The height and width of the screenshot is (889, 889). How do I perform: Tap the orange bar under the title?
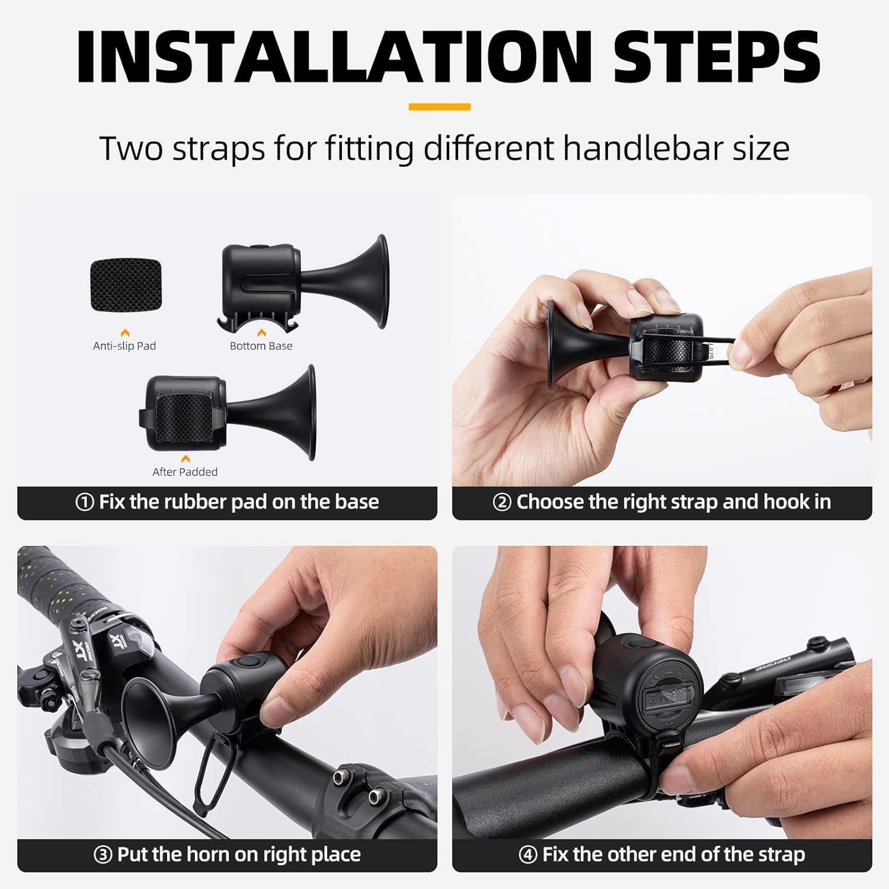pyautogui.click(x=439, y=107)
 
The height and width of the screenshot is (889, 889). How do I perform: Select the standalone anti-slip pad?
pyautogui.click(x=126, y=285)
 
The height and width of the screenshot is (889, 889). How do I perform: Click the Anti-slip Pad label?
pyautogui.click(x=124, y=346)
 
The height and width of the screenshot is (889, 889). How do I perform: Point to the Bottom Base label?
pyautogui.click(x=261, y=346)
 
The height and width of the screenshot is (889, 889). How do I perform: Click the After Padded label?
pyautogui.click(x=185, y=472)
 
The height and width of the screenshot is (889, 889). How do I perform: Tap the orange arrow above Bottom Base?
pyautogui.click(x=261, y=333)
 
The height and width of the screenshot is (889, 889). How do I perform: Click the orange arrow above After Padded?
pyautogui.click(x=186, y=459)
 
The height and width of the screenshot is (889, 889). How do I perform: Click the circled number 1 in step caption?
pyautogui.click(x=85, y=503)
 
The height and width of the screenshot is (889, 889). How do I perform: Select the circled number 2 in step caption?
pyautogui.click(x=501, y=503)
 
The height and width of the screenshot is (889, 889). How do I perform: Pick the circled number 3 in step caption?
pyautogui.click(x=103, y=855)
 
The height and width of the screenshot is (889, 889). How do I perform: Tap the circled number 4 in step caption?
pyautogui.click(x=527, y=855)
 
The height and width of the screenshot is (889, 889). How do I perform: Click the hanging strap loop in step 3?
pyautogui.click(x=213, y=765)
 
